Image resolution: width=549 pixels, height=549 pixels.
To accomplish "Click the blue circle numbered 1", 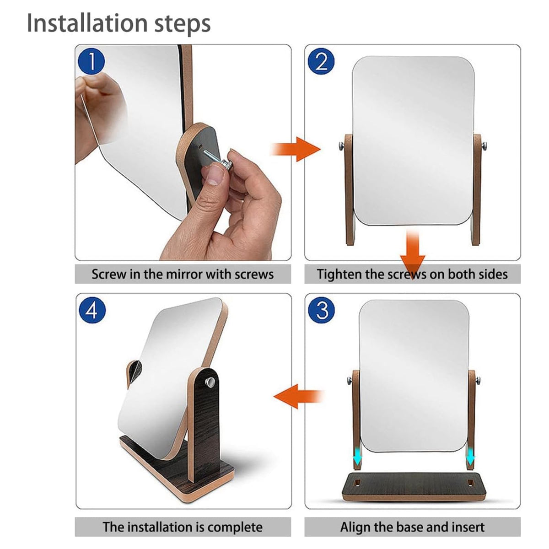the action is (91, 61).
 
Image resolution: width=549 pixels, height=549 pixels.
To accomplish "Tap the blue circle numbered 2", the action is (321, 61).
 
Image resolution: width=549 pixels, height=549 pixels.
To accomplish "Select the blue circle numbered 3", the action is (322, 310).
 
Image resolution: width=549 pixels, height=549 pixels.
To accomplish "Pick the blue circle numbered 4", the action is (92, 310).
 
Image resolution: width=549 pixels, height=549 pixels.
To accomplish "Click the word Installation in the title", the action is (87, 23).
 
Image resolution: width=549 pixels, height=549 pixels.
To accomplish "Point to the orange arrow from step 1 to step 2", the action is (296, 149).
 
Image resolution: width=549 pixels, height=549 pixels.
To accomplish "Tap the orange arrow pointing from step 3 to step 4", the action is (298, 396).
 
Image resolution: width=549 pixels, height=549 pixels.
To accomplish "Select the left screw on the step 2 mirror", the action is (342, 146).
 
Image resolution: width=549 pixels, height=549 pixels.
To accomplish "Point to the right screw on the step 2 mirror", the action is (484, 146).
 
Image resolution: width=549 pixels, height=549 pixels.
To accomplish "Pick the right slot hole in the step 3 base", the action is (470, 482).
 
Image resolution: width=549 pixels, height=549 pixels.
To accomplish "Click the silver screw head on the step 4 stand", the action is (210, 381).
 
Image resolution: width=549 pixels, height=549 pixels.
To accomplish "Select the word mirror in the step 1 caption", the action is (184, 274).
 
